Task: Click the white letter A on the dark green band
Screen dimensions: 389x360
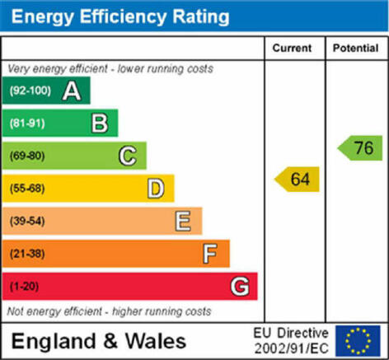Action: pyautogui.click(x=72, y=91)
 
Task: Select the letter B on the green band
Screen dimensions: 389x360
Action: pyautogui.click(x=100, y=124)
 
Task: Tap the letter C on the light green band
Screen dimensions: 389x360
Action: pyautogui.click(x=128, y=156)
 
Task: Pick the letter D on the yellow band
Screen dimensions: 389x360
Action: pyautogui.click(x=156, y=189)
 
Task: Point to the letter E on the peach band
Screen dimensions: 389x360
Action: pyautogui.click(x=183, y=221)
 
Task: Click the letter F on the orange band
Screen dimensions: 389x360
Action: pyautogui.click(x=210, y=254)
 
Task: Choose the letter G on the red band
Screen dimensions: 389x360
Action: pyautogui.click(x=240, y=287)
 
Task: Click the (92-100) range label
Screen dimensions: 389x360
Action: pyautogui.click(x=30, y=91)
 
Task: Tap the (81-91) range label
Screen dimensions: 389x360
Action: pyautogui.click(x=27, y=124)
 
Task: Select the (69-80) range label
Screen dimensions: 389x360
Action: pyautogui.click(x=27, y=156)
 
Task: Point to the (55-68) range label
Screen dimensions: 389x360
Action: pyautogui.click(x=27, y=189)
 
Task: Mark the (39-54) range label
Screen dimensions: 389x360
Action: pyautogui.click(x=27, y=221)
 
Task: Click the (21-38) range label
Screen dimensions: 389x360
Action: pyautogui.click(x=27, y=254)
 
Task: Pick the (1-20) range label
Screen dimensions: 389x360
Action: pyautogui.click(x=24, y=287)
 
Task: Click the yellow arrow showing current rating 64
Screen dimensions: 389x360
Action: pyautogui.click(x=297, y=179)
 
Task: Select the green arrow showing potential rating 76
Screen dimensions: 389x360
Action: pyautogui.click(x=360, y=147)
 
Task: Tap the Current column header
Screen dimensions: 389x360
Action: pyautogui.click(x=292, y=48)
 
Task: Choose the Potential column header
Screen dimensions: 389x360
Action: pyautogui.click(x=356, y=48)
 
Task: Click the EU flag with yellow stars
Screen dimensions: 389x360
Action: pyautogui.click(x=358, y=341)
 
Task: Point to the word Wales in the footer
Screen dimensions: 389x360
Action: pyautogui.click(x=156, y=341)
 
